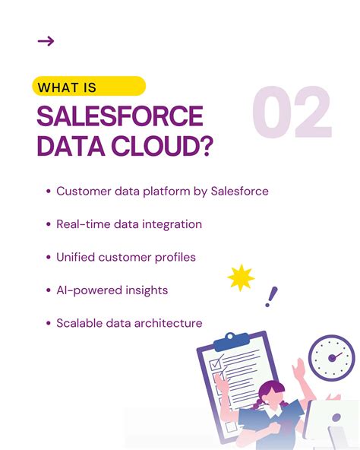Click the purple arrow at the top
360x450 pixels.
tap(46, 41)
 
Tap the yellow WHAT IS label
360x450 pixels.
tap(89, 87)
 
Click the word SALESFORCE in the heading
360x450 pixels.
tap(120, 116)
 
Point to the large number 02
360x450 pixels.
tap(292, 114)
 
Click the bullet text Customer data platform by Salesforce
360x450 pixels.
tap(162, 191)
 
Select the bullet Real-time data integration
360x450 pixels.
tap(129, 224)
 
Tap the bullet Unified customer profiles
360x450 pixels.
tap(126, 257)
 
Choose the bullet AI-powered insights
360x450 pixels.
tap(112, 290)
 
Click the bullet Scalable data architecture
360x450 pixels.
tap(129, 323)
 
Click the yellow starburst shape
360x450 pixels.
tap(241, 279)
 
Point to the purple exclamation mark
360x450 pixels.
tap(270, 296)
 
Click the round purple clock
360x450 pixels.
tap(331, 357)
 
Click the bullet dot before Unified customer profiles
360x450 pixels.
tap(49, 258)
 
